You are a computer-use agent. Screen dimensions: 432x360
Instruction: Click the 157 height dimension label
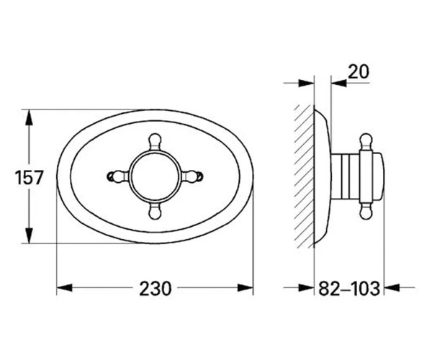tap(29, 177)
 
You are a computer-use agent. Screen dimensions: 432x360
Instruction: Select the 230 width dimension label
tap(155, 289)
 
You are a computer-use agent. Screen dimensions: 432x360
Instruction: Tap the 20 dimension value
tap(358, 72)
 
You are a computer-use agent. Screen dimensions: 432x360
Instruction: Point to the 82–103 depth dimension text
tap(349, 289)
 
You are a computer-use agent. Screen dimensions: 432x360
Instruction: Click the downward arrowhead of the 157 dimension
tap(29, 235)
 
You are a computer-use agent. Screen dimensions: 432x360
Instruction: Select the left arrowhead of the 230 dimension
tap(65, 288)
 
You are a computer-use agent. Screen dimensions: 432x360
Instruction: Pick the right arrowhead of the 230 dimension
tap(246, 288)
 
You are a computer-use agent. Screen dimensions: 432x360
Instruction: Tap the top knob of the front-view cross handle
tap(155, 141)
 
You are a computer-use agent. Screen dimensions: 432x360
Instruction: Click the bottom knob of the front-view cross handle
tap(155, 212)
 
